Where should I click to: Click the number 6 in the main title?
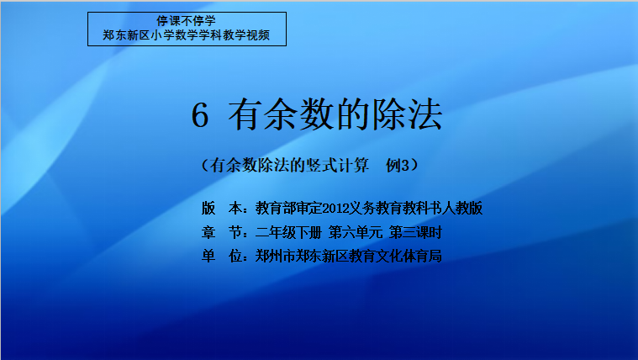(x=200, y=115)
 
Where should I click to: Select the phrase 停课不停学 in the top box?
(x=186, y=21)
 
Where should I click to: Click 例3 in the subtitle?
(x=398, y=166)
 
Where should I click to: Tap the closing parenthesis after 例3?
(x=414, y=166)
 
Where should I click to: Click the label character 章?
(x=208, y=232)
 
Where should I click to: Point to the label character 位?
(x=235, y=257)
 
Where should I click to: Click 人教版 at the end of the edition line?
(x=462, y=209)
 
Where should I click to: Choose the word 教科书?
(x=422, y=209)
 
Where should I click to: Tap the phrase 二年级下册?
(x=288, y=232)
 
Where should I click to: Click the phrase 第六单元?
(x=356, y=232)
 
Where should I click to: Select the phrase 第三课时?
(x=415, y=232)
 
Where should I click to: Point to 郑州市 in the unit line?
(x=276, y=257)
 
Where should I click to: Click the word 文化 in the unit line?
(x=388, y=257)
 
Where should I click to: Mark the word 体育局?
(x=422, y=257)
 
